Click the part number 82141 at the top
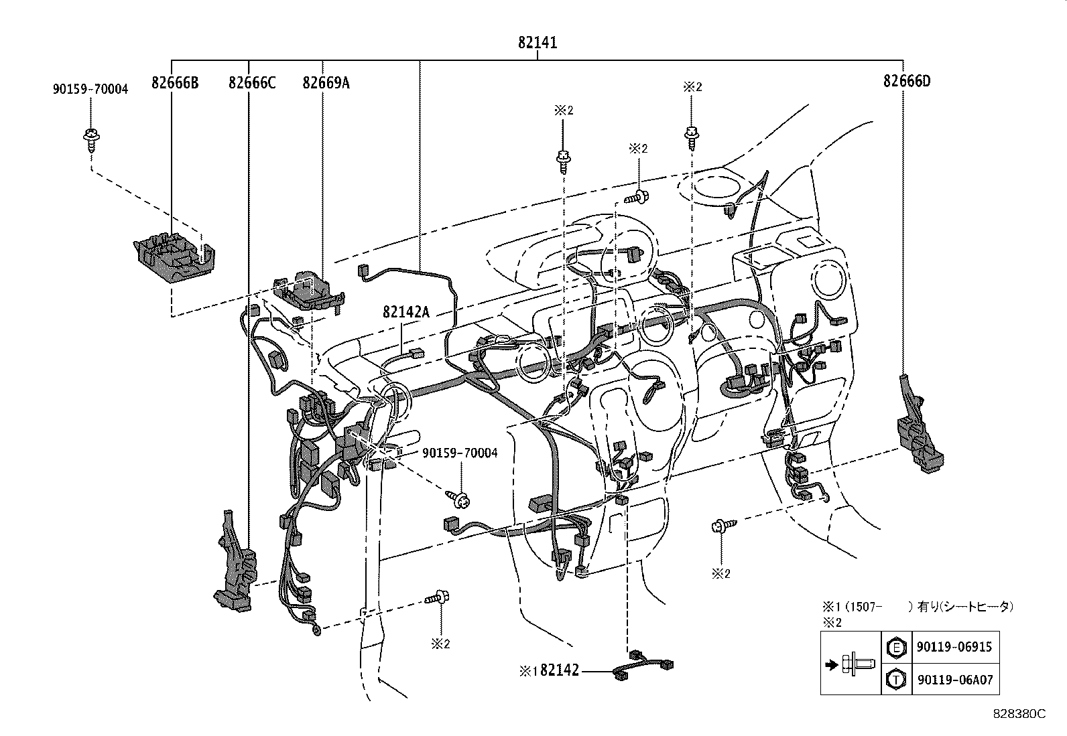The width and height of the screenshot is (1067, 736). pyautogui.click(x=537, y=43)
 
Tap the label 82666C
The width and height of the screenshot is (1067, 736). pyautogui.click(x=251, y=82)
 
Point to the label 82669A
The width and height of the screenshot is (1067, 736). pyautogui.click(x=326, y=82)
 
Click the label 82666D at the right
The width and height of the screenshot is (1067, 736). pyautogui.click(x=906, y=81)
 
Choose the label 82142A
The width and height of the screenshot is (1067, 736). pyautogui.click(x=405, y=312)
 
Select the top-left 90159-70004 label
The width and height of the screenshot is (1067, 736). pyautogui.click(x=90, y=88)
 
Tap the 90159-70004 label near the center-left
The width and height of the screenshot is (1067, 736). pyautogui.click(x=460, y=453)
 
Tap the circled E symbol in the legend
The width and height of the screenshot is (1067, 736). pyautogui.click(x=895, y=647)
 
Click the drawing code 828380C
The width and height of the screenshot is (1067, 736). pyautogui.click(x=1019, y=714)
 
